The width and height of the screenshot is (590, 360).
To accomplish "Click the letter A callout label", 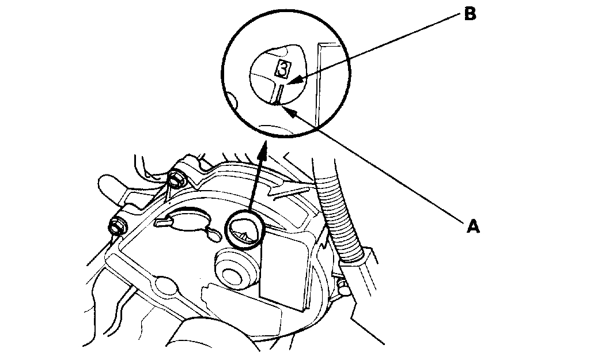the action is [x=472, y=227].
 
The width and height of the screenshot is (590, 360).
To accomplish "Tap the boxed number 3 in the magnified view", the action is [x=283, y=69].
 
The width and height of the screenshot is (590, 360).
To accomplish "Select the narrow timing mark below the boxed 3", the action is [x=278, y=93].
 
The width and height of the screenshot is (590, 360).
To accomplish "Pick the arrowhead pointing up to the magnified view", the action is [x=263, y=151].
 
